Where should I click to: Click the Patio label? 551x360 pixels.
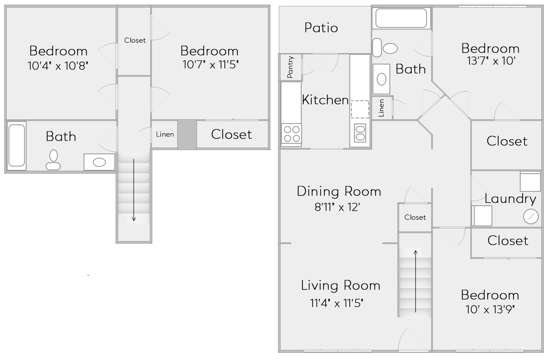coord(321,28)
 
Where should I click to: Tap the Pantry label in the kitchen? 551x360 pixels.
coord(290,67)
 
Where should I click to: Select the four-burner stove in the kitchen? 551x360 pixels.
coord(292,134)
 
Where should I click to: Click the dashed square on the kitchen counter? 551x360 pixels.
coord(360,109)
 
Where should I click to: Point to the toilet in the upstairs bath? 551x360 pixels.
coord(53,160)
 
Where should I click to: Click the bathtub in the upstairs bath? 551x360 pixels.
coord(17,145)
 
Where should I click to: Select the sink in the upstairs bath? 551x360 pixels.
coord(99,162)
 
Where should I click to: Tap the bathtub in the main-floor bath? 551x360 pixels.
coord(401,18)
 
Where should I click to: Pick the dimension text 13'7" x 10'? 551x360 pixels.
coord(490,60)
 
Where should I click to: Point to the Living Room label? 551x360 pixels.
coord(340,285)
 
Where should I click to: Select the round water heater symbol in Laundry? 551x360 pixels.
coord(531,216)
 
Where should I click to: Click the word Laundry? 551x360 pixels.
coord(510,199)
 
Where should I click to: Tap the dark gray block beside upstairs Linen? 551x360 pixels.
coord(187,134)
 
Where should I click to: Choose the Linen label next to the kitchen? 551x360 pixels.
coord(381,108)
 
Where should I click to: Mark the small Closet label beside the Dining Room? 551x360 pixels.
coord(415,218)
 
